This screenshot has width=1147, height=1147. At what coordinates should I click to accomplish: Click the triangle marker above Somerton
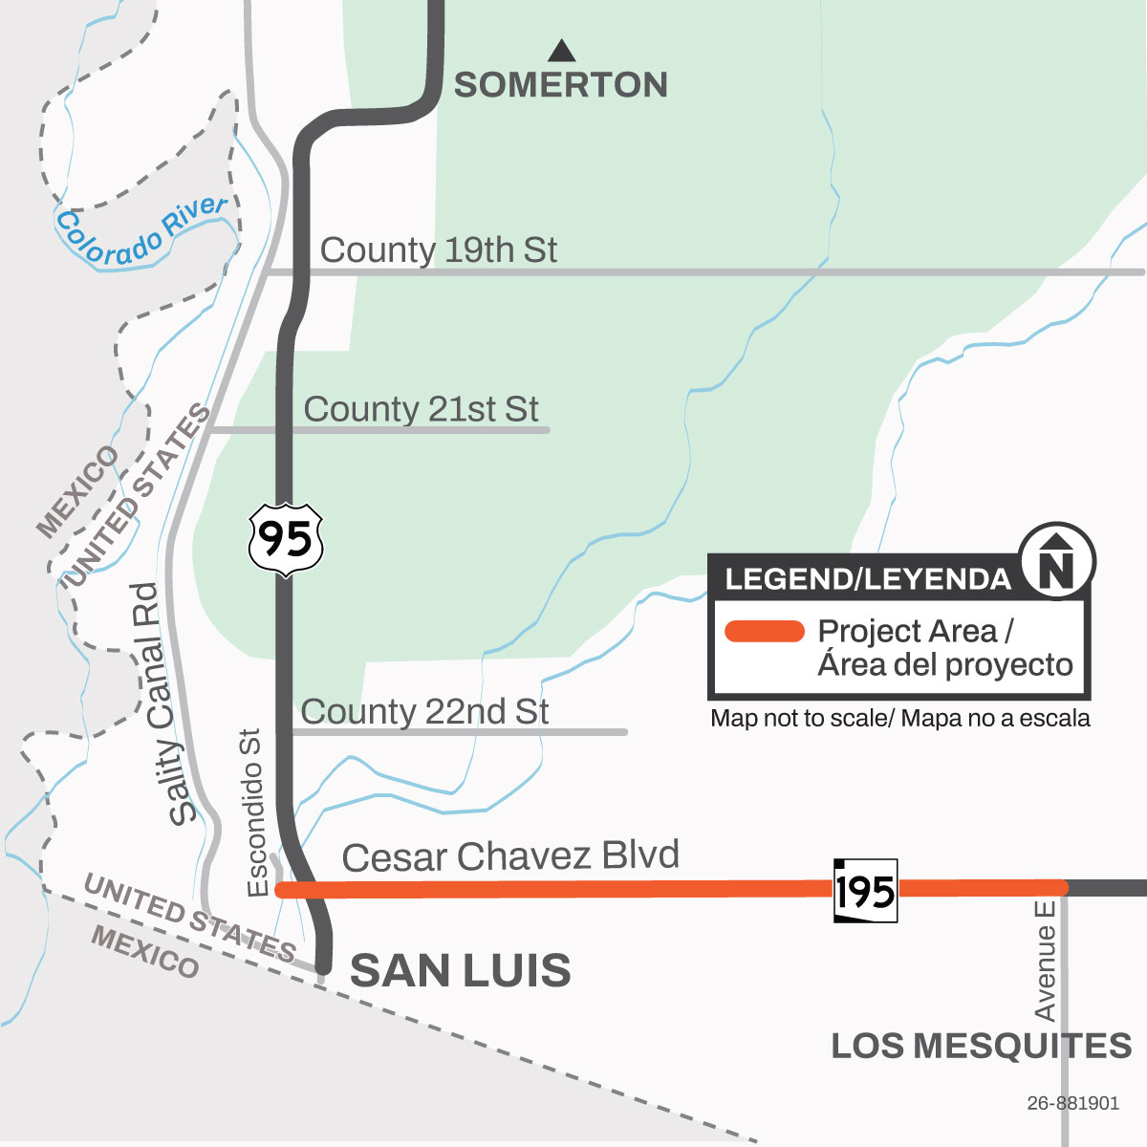[562, 50]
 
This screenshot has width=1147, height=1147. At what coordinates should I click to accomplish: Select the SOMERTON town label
[561, 85]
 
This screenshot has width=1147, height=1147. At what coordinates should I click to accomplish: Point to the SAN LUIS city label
[461, 971]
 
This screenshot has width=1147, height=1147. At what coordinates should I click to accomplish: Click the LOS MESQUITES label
[982, 1046]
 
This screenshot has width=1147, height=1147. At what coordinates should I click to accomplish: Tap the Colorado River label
[141, 230]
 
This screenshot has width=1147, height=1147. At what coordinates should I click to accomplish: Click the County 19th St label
[438, 250]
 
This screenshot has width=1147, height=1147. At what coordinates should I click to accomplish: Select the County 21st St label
[421, 409]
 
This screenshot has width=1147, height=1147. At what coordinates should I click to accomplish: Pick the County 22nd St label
[424, 712]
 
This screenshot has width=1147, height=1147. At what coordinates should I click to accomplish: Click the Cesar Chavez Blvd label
[510, 856]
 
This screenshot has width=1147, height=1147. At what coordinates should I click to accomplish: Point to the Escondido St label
[254, 812]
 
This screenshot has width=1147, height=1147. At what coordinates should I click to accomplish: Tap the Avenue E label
[1045, 959]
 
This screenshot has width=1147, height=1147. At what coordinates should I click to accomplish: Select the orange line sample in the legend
[765, 632]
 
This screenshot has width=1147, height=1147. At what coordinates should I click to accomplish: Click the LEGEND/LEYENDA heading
[868, 579]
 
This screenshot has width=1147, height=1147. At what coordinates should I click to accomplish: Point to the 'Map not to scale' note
[899, 719]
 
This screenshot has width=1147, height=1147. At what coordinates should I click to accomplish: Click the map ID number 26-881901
[1072, 1103]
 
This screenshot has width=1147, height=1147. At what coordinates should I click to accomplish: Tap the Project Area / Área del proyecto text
[944, 648]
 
